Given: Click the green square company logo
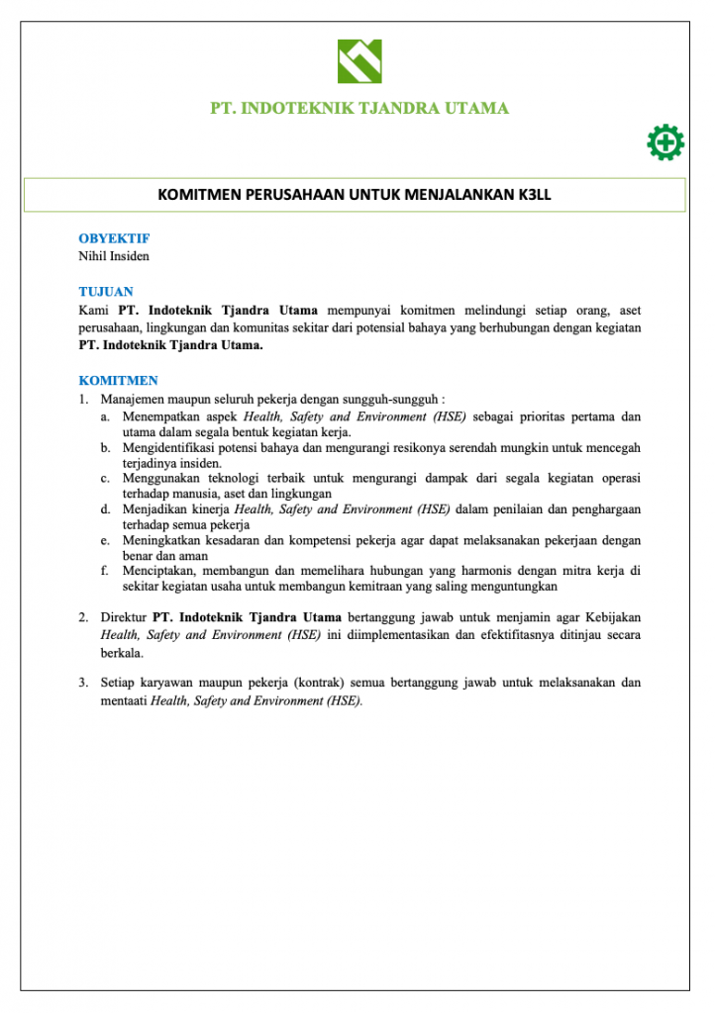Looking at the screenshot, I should (x=358, y=61).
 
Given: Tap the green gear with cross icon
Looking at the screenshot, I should (x=665, y=142).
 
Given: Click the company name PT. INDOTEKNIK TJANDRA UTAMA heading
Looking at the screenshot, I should (x=359, y=108).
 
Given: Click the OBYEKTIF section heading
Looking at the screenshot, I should (x=114, y=238).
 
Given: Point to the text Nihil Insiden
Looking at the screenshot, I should (x=114, y=255).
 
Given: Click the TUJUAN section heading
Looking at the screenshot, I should (x=106, y=292).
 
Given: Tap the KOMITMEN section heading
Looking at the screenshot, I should (x=118, y=380).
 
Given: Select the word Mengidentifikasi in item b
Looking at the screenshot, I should (x=171, y=447).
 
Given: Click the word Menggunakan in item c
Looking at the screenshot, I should (x=160, y=478).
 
